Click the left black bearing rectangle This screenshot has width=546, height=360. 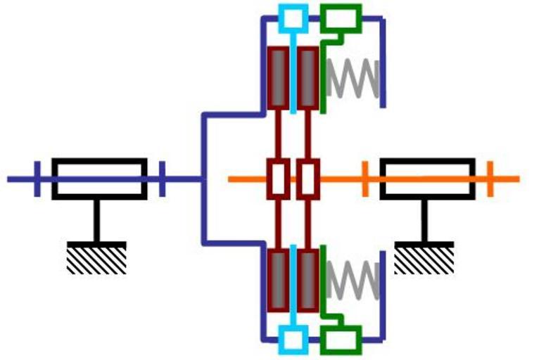(x=99, y=179)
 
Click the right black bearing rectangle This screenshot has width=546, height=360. (x=427, y=179)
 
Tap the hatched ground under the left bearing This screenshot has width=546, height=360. (x=96, y=258)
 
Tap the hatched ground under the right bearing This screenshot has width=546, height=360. (x=424, y=258)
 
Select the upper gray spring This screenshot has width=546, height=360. (x=353, y=78)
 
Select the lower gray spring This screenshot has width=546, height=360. (x=353, y=279)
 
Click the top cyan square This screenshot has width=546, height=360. (x=292, y=18)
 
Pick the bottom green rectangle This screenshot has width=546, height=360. (x=341, y=340)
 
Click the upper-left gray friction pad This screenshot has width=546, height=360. (x=279, y=77)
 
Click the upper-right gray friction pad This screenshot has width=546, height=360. (x=307, y=77)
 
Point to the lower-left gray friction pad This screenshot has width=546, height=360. (x=279, y=280)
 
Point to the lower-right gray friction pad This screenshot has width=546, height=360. (x=307, y=280)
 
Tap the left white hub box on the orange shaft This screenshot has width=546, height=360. (x=279, y=179)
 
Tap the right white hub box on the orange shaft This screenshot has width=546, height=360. (x=307, y=179)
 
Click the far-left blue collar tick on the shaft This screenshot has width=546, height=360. (x=37, y=179)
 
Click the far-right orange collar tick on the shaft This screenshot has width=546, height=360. (x=490, y=179)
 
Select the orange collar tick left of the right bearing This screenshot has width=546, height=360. (x=365, y=179)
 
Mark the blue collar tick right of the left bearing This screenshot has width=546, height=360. (x=162, y=179)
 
